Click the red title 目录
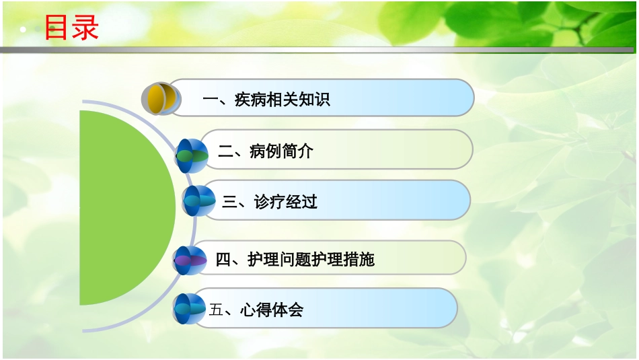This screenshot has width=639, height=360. tap(71, 28)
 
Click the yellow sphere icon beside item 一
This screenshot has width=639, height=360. tap(162, 100)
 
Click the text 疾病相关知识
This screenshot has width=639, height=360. tap(282, 100)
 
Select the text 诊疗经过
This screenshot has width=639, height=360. tap(286, 202)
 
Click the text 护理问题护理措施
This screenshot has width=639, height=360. tap(311, 260)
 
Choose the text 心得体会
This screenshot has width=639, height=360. tap(272, 310)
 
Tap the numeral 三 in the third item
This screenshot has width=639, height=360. tap(230, 202)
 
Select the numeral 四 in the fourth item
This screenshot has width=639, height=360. tap(223, 260)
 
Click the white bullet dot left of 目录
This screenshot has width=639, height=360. tap(23, 30)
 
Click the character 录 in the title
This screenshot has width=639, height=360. tap(85, 28)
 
